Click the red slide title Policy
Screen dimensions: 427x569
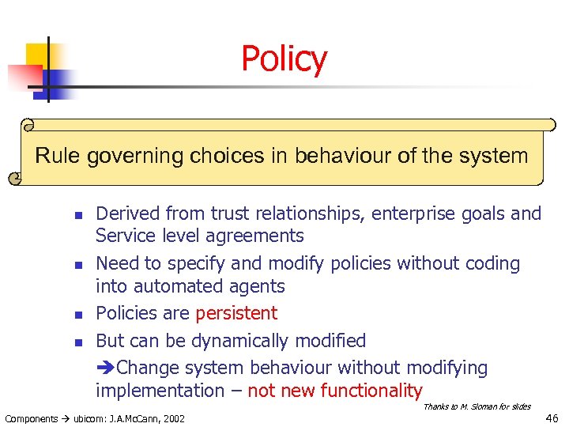[284, 59]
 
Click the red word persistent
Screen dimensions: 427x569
[236, 313]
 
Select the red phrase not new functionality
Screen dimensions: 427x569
[335, 391]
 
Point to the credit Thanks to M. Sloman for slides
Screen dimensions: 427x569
[477, 406]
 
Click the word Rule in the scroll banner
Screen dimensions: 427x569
[58, 155]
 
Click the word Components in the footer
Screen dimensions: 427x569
[31, 418]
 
